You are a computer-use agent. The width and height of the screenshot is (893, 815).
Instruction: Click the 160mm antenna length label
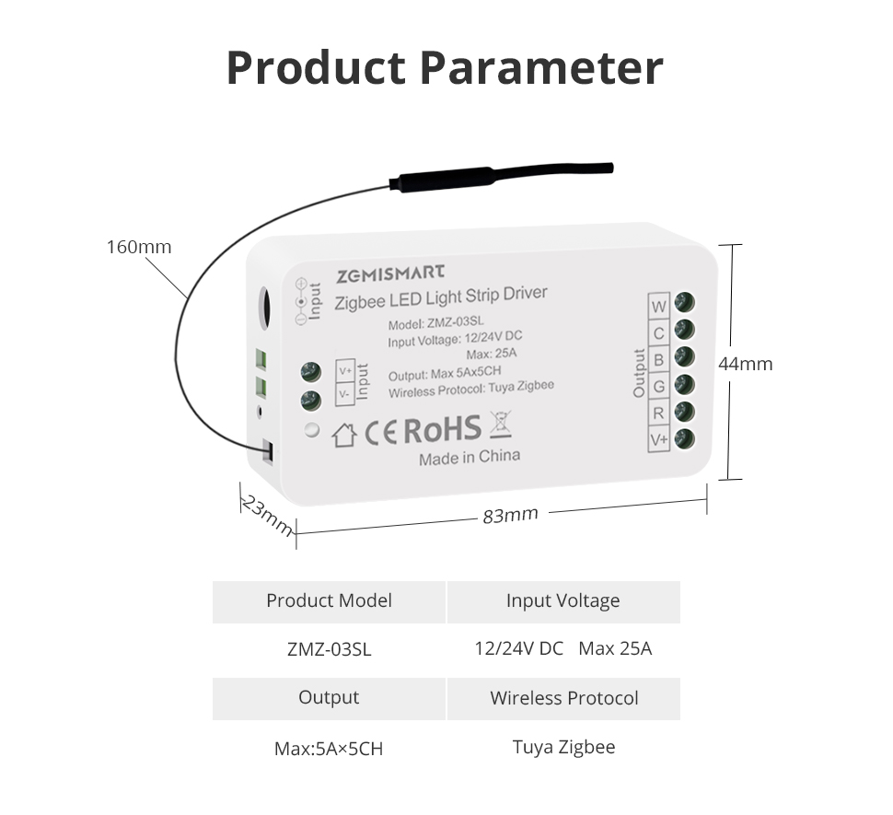click(x=139, y=247)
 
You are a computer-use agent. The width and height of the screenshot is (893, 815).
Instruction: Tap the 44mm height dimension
click(x=745, y=364)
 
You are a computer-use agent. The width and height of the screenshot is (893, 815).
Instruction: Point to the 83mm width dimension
click(x=510, y=515)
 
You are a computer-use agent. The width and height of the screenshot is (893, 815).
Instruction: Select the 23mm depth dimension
click(x=268, y=516)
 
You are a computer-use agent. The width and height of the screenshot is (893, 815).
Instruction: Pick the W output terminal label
click(x=658, y=307)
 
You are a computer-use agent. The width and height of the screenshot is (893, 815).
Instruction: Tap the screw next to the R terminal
click(x=684, y=412)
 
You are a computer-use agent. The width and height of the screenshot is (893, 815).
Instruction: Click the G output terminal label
click(x=658, y=386)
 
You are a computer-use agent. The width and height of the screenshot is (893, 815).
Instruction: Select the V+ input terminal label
click(x=346, y=371)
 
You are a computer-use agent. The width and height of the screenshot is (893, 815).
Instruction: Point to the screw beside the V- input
click(x=310, y=401)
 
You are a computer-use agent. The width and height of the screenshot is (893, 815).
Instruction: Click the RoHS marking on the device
click(x=443, y=429)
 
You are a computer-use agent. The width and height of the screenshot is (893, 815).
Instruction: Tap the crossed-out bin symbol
click(x=500, y=424)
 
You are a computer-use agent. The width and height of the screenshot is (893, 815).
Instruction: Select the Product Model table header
click(x=330, y=600)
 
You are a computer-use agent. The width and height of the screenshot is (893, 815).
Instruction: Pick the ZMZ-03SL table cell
click(x=330, y=649)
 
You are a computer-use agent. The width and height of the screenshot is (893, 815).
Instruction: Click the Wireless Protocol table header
click(x=563, y=698)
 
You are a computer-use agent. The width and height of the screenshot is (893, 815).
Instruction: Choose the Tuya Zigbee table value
click(x=563, y=747)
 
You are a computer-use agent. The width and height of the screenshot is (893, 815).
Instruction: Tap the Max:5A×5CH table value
click(x=329, y=748)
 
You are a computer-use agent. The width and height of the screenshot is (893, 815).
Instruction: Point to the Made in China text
click(x=470, y=458)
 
